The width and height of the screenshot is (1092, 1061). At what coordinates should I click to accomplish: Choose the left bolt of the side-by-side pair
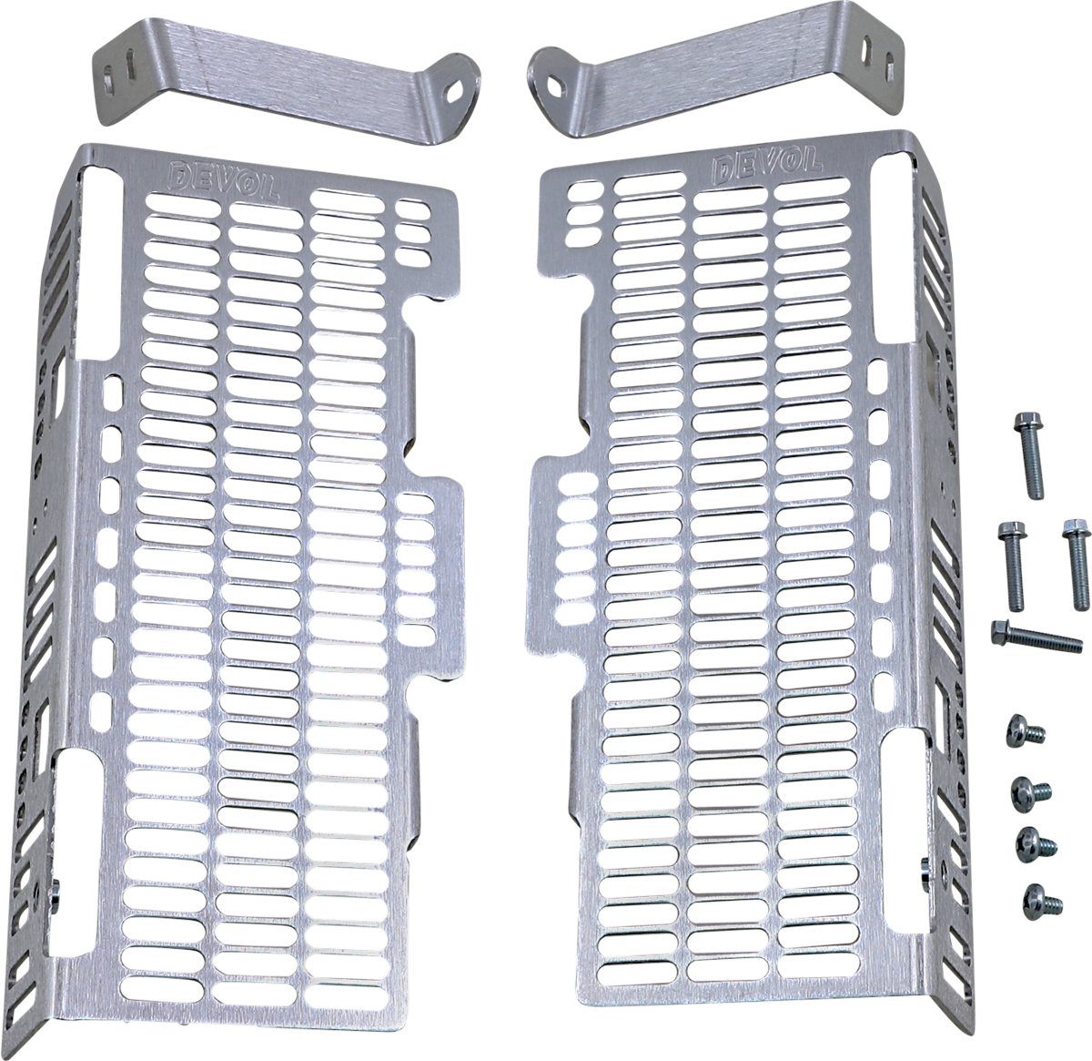coord(1013,565)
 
